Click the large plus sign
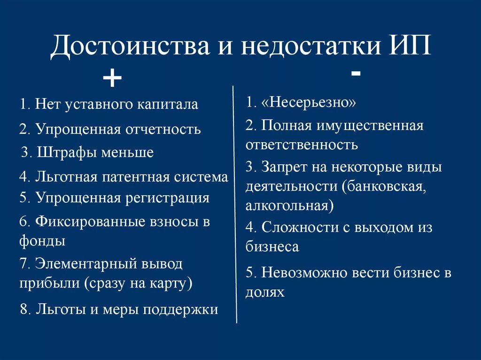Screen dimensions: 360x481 112,78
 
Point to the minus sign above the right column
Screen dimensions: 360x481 356,74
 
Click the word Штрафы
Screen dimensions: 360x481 64,153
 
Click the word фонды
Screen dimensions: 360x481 42,241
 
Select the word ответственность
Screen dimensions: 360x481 302,145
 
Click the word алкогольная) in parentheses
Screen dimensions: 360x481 290,205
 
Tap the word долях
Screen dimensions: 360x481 265,292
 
